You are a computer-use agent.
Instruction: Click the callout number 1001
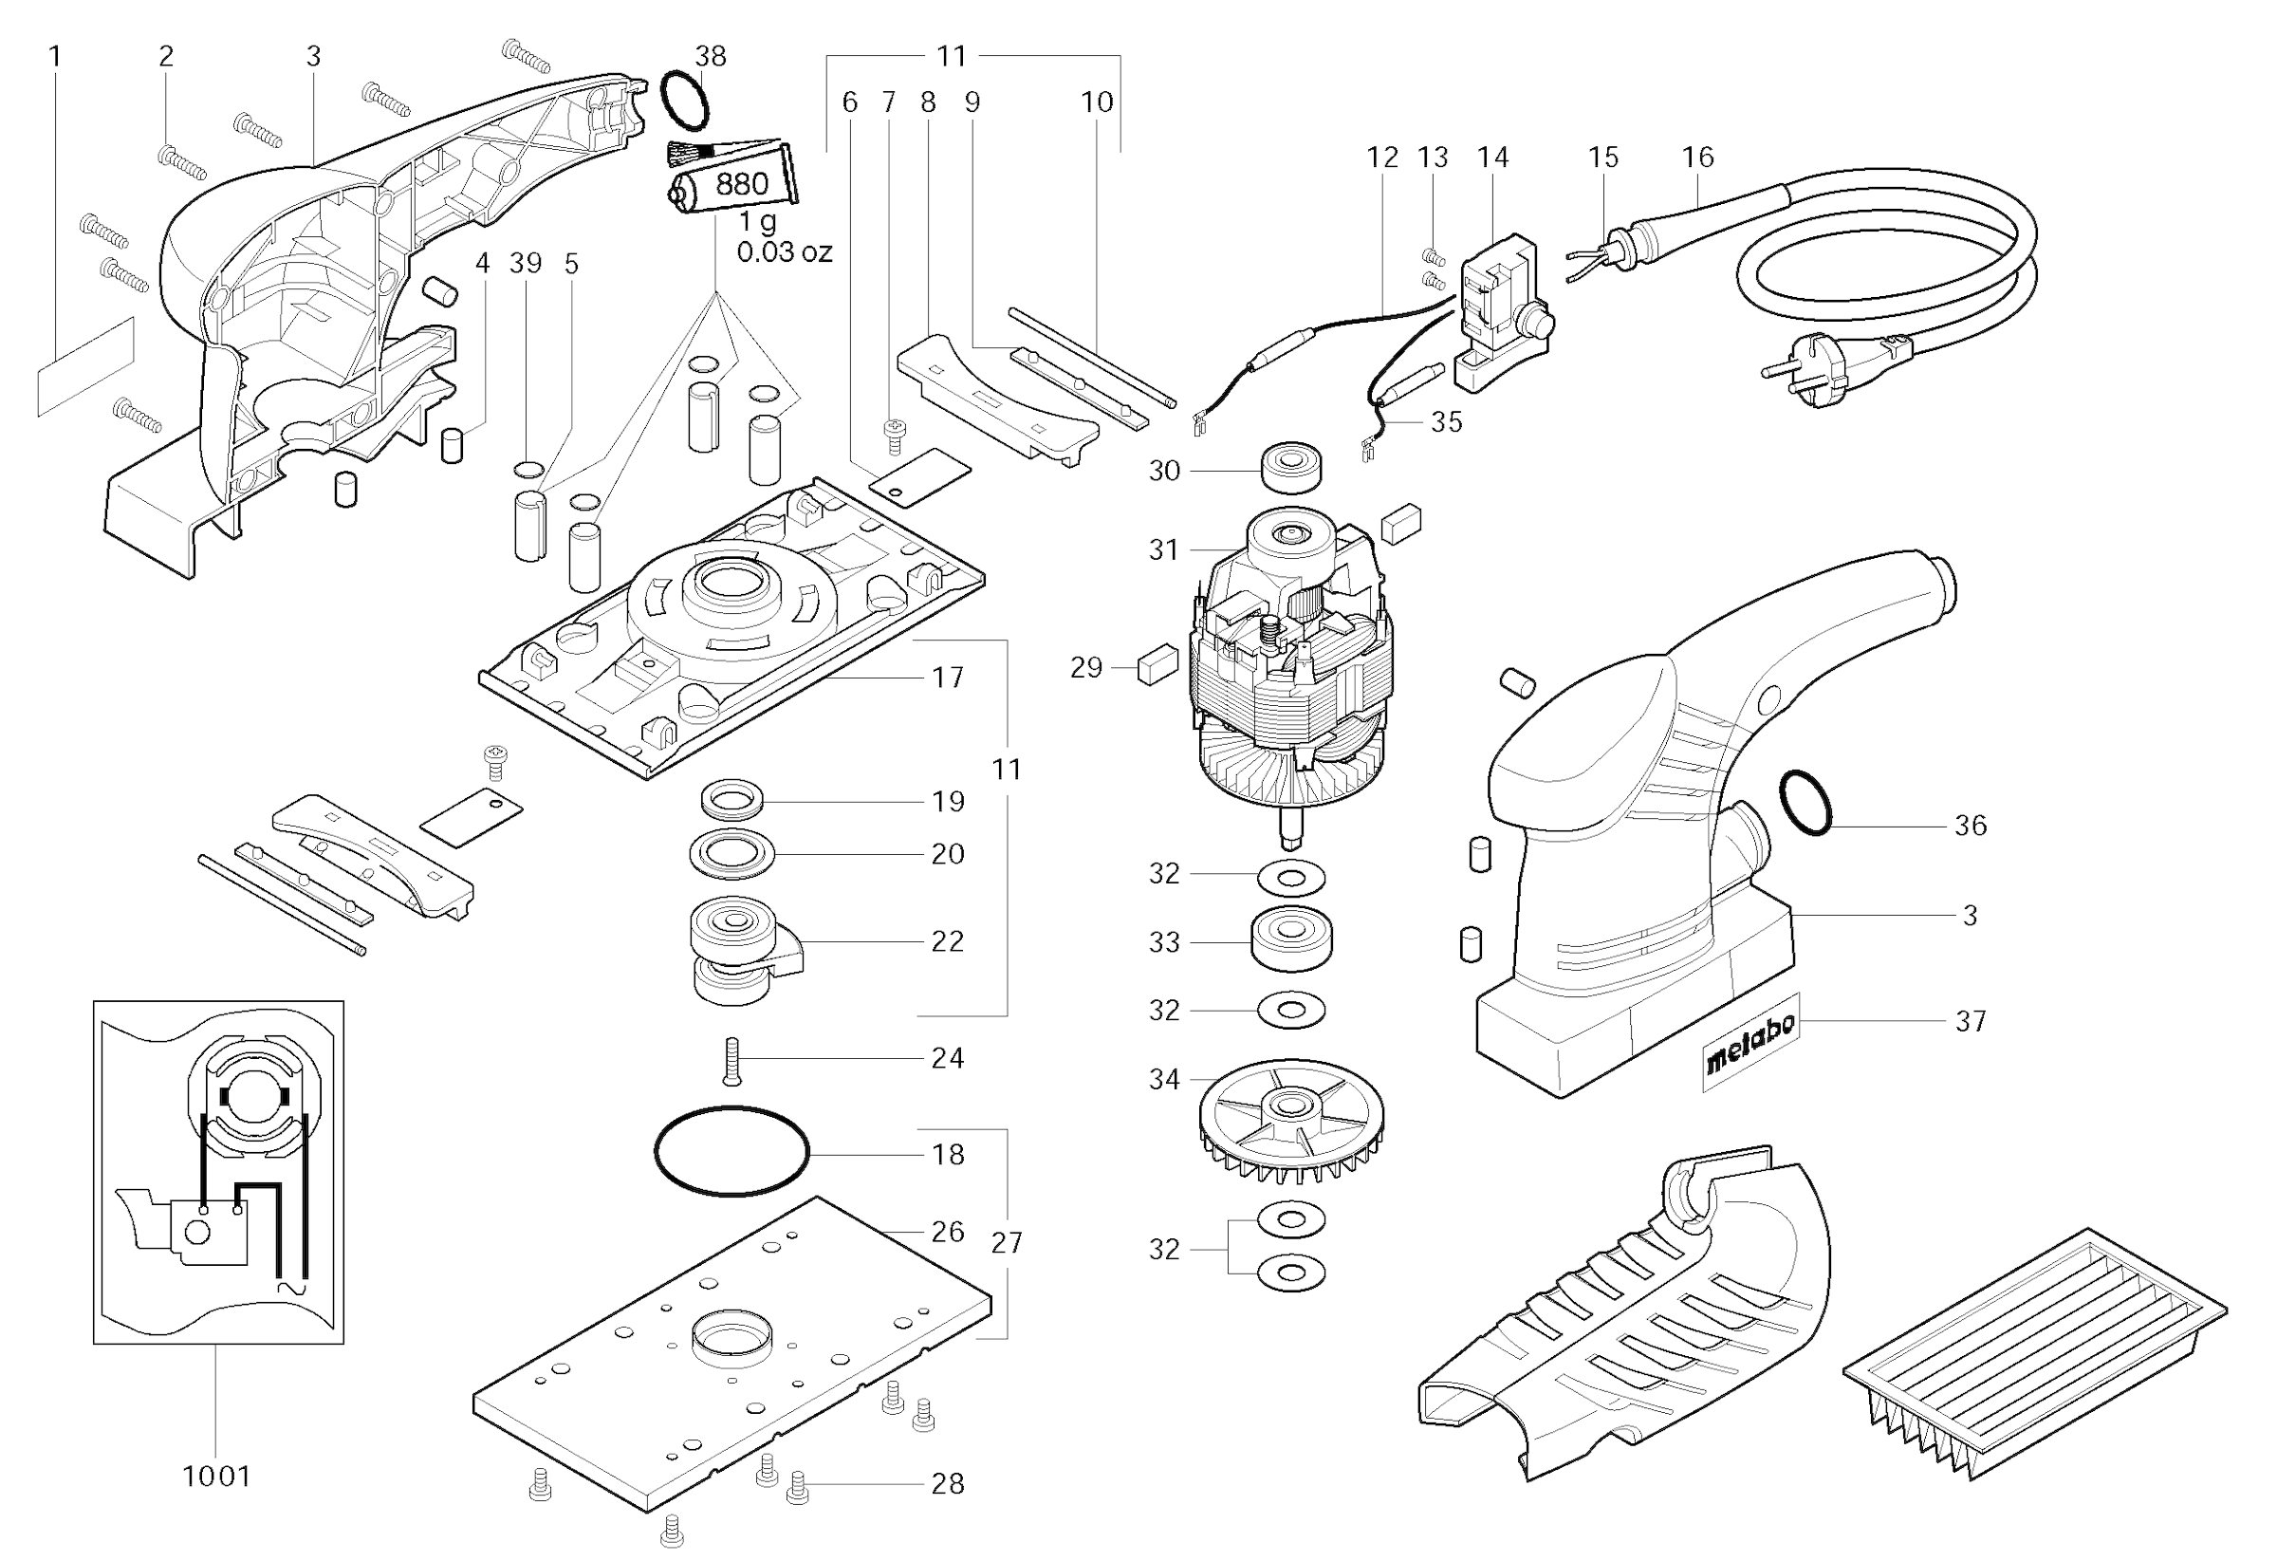[x=216, y=1476]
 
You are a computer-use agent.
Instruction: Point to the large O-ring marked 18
[x=731, y=1151]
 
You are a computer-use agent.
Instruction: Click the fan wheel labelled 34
[x=1290, y=1121]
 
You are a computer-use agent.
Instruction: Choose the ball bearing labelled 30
[x=1291, y=468]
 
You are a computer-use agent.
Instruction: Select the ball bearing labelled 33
[x=1291, y=939]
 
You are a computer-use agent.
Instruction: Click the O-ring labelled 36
[x=1805, y=804]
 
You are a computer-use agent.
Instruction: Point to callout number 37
[x=1971, y=1021]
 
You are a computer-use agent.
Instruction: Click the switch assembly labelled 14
[x=1501, y=310]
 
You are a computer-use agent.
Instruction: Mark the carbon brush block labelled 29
[x=1157, y=663]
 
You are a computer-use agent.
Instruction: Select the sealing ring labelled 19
[x=731, y=799]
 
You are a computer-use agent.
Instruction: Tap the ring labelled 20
[x=731, y=853]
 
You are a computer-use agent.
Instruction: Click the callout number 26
[x=948, y=1232]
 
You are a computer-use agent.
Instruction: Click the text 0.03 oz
[x=784, y=252]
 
